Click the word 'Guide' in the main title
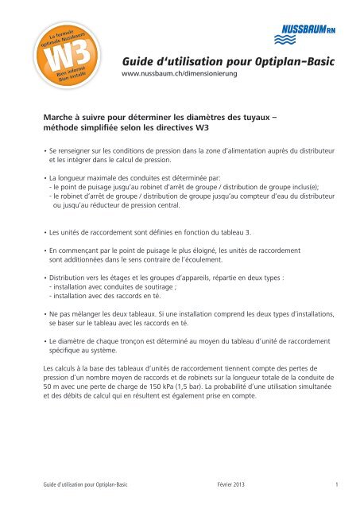click(x=144, y=63)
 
